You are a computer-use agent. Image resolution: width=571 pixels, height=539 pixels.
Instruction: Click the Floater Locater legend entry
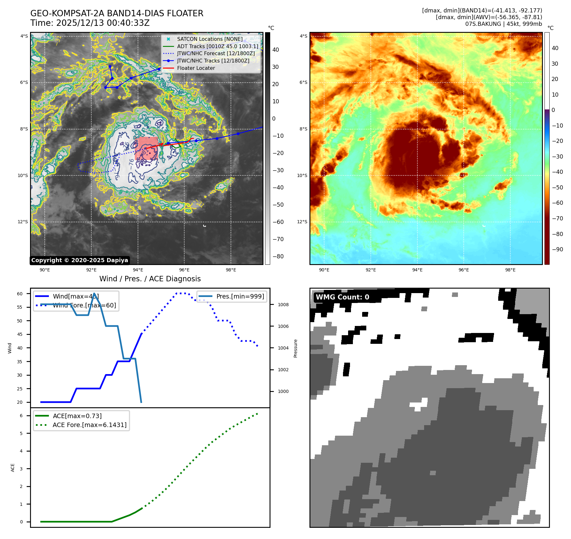[x=196, y=68]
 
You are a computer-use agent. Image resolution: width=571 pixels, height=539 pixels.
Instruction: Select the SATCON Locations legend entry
[x=209, y=39]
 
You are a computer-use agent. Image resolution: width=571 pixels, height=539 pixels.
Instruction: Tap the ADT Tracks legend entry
[x=217, y=46]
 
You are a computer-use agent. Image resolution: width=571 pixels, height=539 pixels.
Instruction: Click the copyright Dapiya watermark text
[x=80, y=260]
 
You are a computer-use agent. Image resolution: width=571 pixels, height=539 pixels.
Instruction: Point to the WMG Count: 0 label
[x=342, y=297]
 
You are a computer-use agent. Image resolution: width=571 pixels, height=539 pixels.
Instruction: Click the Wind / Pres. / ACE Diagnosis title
[x=150, y=279]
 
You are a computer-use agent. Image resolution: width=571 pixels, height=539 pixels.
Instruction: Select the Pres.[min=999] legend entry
[x=240, y=296]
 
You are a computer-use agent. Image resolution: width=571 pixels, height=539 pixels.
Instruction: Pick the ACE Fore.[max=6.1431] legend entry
[x=89, y=425]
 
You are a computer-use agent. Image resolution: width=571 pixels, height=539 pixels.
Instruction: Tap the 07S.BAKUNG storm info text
[x=503, y=24]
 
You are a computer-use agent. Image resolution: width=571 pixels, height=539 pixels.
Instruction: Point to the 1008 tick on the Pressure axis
[x=283, y=305]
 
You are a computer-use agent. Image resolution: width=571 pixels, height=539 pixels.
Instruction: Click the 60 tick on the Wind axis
[x=20, y=294]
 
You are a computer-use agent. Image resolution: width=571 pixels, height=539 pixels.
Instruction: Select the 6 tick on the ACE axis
[x=21, y=416]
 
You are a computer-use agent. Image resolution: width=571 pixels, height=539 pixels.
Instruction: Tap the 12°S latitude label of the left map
[x=23, y=222]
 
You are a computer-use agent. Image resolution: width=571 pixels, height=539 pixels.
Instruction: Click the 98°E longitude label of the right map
[x=510, y=270]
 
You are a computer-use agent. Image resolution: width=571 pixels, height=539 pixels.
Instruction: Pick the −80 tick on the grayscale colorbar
[x=278, y=256]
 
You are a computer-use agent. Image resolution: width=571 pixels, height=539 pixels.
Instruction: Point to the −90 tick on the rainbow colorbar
[x=557, y=249]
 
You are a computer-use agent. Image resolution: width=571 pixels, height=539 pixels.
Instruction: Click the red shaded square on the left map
[x=146, y=149]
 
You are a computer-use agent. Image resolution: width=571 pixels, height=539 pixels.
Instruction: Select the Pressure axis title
[x=295, y=348]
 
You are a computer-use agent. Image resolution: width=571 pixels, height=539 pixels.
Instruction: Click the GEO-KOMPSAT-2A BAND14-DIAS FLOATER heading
[x=117, y=13]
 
